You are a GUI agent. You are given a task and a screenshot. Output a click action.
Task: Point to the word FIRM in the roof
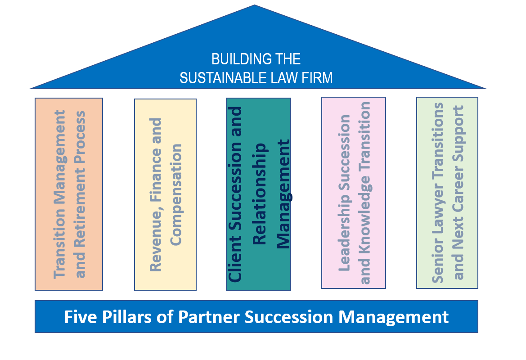click(318, 78)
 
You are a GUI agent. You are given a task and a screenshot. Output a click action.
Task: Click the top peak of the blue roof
click(255, 6)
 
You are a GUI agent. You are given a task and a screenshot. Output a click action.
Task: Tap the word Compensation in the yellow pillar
click(176, 194)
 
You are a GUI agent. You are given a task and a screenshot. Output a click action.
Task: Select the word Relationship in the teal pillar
click(260, 194)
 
